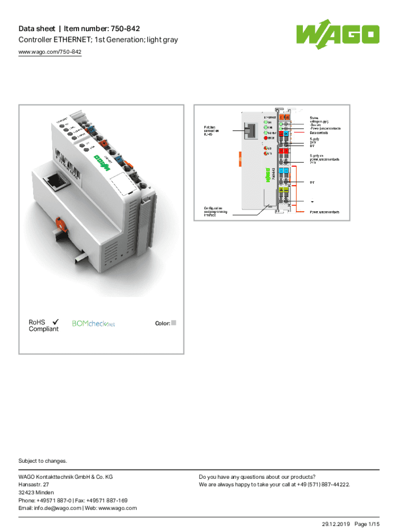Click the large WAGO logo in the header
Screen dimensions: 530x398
coord(338,36)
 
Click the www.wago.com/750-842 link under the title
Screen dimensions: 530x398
coord(50,52)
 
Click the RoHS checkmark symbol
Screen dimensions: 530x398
coord(55,321)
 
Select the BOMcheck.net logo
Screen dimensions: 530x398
coord(93,324)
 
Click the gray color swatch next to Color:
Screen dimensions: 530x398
coord(174,323)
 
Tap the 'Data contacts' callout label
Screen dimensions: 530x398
coord(320,133)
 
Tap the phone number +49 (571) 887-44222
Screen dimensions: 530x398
coord(320,485)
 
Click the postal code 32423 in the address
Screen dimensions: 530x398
coord(28,493)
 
